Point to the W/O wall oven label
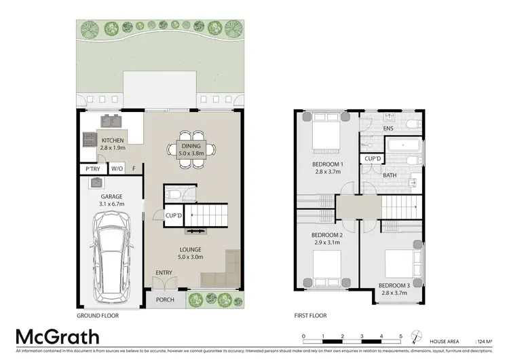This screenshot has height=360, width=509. pos(117,168)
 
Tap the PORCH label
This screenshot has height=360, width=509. pos(164,300)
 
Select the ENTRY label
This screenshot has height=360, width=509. pos(164,273)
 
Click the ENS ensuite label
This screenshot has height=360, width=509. pos(388,128)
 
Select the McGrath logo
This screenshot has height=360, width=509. pos(58,338)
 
